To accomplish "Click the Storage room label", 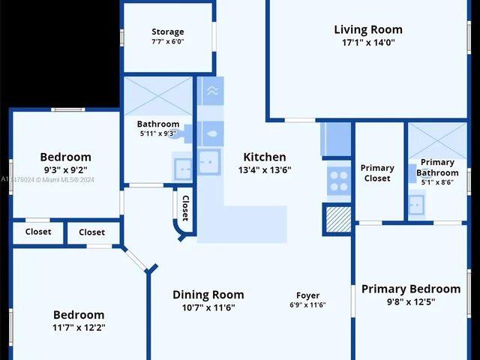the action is click(x=168, y=31).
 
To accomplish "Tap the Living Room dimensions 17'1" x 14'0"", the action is click(x=368, y=42).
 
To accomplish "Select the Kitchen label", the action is click(x=265, y=157).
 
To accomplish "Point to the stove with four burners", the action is click(x=339, y=181).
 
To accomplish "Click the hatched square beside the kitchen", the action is click(x=338, y=219).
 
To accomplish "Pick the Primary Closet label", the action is click(x=377, y=173).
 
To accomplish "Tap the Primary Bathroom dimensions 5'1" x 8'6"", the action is click(x=437, y=182).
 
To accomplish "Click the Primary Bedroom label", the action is click(x=411, y=289).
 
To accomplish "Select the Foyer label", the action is click(x=308, y=295).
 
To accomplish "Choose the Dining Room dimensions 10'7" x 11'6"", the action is click(x=208, y=307).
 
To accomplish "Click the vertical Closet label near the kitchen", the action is click(x=185, y=208).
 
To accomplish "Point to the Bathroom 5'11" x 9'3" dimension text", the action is click(x=158, y=133).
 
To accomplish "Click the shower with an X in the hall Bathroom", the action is click(x=158, y=96).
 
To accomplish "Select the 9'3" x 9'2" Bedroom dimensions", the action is click(x=65, y=170).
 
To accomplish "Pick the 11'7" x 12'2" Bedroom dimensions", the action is click(x=79, y=328).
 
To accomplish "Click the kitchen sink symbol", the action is click(x=209, y=162).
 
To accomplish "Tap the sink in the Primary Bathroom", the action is click(x=416, y=205).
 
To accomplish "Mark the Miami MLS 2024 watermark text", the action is click(x=47, y=180).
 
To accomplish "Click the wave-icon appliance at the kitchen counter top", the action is click(x=212, y=91).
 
